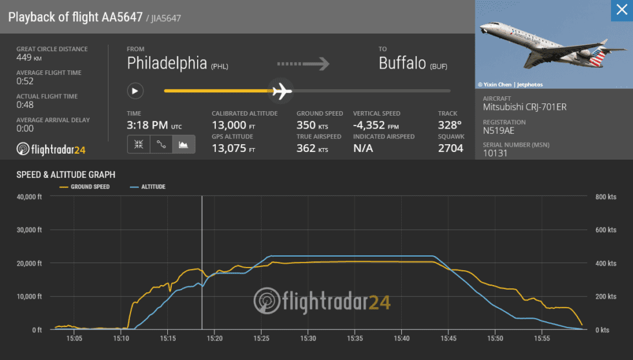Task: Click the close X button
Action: (621, 10)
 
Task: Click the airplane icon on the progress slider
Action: (281, 91)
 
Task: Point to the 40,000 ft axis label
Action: (28, 196)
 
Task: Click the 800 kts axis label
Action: (605, 196)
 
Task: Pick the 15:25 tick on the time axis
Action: (262, 338)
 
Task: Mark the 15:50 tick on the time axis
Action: (495, 338)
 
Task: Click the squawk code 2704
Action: (450, 148)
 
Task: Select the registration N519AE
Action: (500, 131)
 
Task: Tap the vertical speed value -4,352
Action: (371, 125)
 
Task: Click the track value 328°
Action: (450, 125)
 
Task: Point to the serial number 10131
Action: (495, 154)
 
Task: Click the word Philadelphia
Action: (167, 63)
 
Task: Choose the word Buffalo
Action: (402, 63)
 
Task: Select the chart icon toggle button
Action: (184, 145)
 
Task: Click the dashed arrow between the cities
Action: (304, 63)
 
